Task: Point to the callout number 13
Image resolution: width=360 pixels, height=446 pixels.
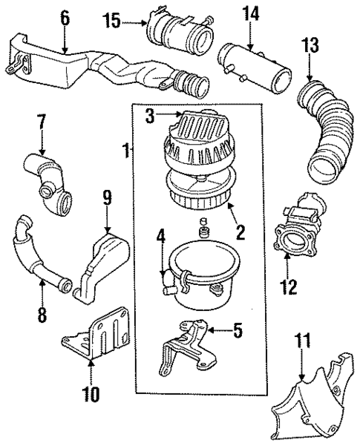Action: pos(310,45)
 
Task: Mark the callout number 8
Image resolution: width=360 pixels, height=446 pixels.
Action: pos(42,315)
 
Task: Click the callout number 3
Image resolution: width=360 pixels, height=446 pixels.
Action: pos(150,116)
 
